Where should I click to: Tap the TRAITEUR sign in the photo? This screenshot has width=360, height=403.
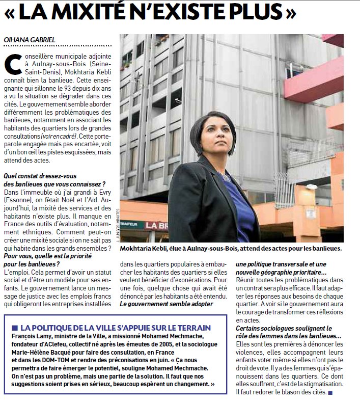click(x=131, y=224)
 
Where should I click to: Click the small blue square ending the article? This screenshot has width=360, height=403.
click(x=330, y=392)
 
